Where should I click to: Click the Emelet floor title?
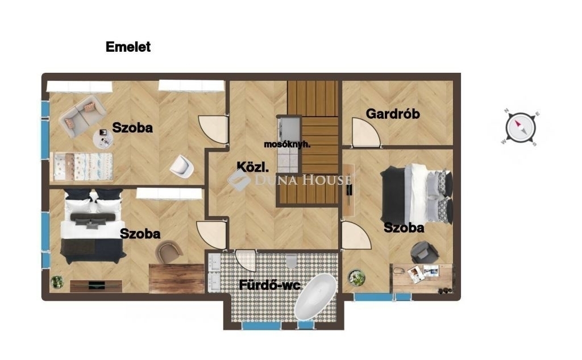click(128, 47)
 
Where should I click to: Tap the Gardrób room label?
click(393, 114)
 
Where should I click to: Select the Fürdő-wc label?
click(269, 285)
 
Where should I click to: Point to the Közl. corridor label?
click(252, 167)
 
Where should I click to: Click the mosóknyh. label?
click(287, 144)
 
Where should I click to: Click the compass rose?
click(521, 128)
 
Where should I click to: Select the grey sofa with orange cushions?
click(82, 116)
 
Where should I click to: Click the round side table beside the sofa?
click(103, 139)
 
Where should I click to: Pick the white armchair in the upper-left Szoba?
click(182, 165)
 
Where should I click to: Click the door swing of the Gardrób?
click(366, 133)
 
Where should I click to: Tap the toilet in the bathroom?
click(292, 262)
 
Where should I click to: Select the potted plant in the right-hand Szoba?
click(356, 278)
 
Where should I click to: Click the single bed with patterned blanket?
click(81, 167)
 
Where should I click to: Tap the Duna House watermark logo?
click(289, 180)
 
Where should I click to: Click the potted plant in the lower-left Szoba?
click(57, 282)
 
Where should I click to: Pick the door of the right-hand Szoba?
click(356, 235)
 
